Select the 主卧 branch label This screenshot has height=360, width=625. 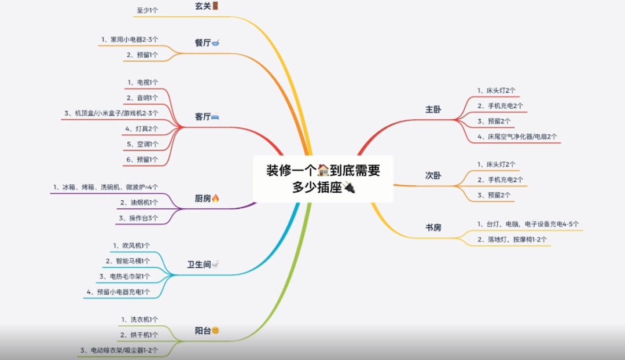[433, 109]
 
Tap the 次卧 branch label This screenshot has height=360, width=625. [433, 175]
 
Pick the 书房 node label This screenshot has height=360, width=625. [433, 227]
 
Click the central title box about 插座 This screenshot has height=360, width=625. [323, 179]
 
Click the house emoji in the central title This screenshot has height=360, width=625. [323, 170]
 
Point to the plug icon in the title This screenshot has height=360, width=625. [348, 188]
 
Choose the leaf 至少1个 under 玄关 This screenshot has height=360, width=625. [148, 10]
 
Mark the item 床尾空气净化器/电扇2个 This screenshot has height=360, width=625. [517, 137]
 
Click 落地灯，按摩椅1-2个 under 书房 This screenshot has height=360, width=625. [512, 239]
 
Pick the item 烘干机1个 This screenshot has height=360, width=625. [139, 335]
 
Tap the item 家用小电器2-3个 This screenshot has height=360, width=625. [134, 39]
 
